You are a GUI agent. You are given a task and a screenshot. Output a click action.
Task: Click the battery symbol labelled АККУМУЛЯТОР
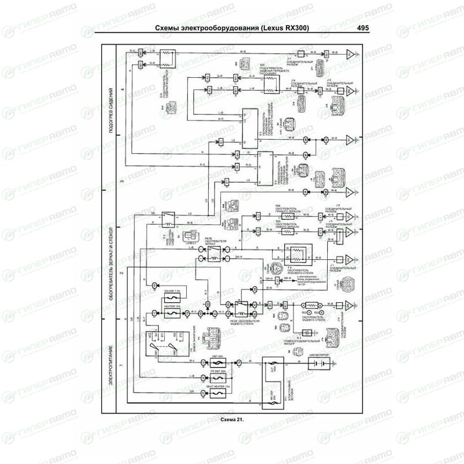[x=316, y=363]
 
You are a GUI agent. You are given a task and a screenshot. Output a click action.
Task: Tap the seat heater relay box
[x=168, y=219]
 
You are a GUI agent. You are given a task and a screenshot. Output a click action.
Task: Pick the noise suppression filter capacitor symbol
[x=309, y=333]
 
